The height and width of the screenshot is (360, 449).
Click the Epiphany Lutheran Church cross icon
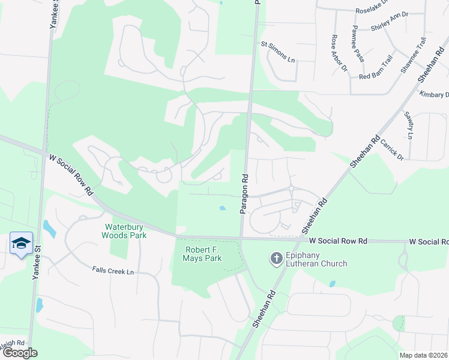pyautogui.click(x=277, y=259)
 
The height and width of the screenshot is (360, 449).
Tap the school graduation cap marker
pyautogui.click(x=21, y=243)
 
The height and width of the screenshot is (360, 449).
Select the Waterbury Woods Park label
pyautogui.click(x=126, y=231)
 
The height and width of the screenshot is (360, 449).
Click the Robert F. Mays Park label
pyautogui.click(x=202, y=254)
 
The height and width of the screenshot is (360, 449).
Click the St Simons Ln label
pyautogui.click(x=278, y=60)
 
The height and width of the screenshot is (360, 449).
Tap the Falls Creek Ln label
pyautogui.click(x=113, y=272)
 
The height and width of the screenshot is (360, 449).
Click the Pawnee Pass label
pyautogui.click(x=358, y=44)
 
